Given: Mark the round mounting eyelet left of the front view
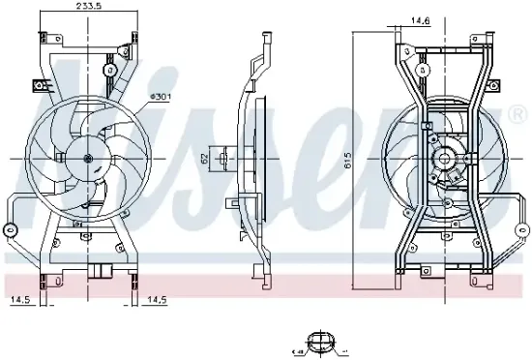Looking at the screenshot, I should tap(10, 229).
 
